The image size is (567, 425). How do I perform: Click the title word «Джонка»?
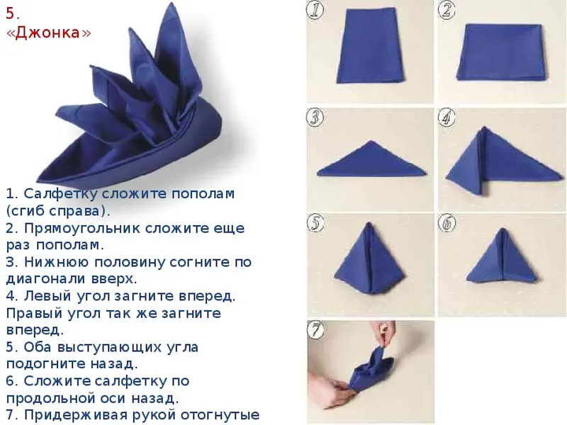coord(49,33)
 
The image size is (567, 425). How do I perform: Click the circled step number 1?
coord(315,10)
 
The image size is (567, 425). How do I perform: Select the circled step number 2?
coord(447,10)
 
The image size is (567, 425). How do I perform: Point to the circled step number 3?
coord(315,117)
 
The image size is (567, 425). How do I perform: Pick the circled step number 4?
coord(447,117)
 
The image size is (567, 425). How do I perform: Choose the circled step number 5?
coord(315,222)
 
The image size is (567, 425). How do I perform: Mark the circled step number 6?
coord(447,222)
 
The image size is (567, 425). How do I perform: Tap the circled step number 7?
coord(315,329)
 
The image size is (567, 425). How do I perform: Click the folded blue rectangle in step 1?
coord(370,46)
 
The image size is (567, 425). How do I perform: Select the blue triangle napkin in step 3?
coord(371,159)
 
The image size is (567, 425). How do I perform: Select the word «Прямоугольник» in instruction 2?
coord(82,228)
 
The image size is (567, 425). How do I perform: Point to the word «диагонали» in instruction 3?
coord(45,279)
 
